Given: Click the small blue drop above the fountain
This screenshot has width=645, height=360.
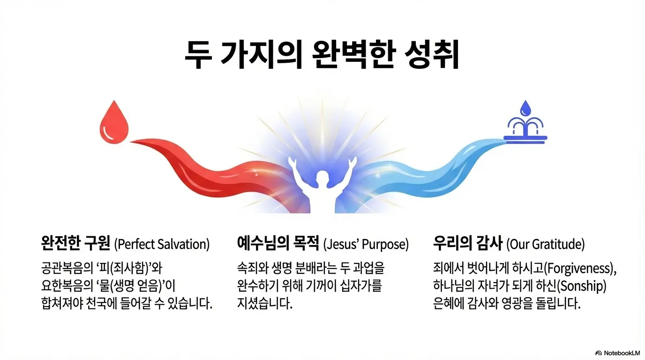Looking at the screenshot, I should (x=525, y=107).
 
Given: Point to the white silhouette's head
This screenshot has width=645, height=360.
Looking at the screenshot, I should (x=322, y=179).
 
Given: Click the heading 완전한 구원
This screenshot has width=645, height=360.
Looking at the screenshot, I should (x=75, y=244).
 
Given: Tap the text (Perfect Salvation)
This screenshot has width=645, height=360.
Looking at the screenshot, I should (x=162, y=244).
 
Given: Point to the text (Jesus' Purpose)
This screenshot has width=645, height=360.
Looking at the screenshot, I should (x=366, y=244).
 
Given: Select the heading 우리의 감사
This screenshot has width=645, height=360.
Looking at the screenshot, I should (x=468, y=244).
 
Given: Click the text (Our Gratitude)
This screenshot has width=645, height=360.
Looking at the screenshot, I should (x=546, y=244).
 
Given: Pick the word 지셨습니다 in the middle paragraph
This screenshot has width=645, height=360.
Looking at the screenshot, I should (x=265, y=303).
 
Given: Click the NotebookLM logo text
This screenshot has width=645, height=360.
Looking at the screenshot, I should (x=622, y=352).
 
